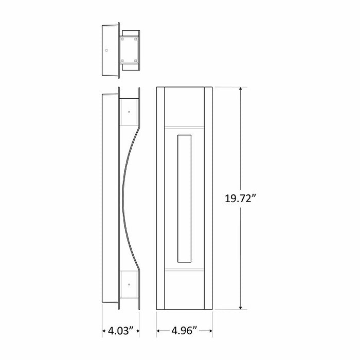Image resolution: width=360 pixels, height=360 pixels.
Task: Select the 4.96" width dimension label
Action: click(x=184, y=331)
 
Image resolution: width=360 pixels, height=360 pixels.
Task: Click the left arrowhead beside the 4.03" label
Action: click(x=103, y=331)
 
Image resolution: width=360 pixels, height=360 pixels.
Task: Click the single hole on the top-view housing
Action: click(x=106, y=51)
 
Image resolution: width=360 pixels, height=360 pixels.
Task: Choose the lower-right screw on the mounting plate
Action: click(x=136, y=61)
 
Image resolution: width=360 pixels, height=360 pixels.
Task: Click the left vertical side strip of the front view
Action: click(x=160, y=198)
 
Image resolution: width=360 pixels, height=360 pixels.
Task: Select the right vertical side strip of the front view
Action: click(x=208, y=198)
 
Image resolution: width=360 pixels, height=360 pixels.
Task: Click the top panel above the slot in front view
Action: click(x=184, y=106)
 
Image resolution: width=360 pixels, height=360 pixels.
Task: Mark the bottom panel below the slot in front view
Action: click(x=184, y=291)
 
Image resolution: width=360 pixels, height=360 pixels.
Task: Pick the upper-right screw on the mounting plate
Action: click(x=136, y=39)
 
